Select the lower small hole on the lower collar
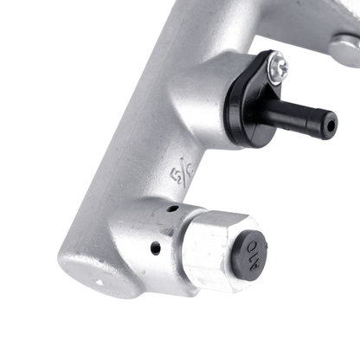(x=155, y=248)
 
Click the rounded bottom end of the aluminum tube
(x=87, y=273)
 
